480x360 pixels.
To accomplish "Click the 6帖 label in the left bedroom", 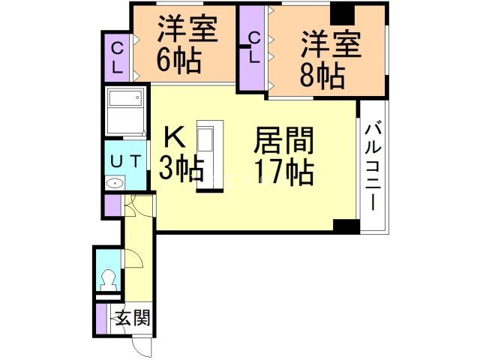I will coord(178,61).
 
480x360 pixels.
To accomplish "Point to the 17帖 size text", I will coord(283,172).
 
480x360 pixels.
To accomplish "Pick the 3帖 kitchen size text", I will coord(181,169).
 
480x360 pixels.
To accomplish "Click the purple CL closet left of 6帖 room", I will coord(118,56).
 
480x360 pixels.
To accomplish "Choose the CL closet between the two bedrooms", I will coord(253,46).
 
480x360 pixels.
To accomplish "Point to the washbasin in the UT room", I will coord(115,183).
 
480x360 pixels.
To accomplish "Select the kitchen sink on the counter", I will coord(205,140).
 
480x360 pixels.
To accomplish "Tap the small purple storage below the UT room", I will coord(112,205).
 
